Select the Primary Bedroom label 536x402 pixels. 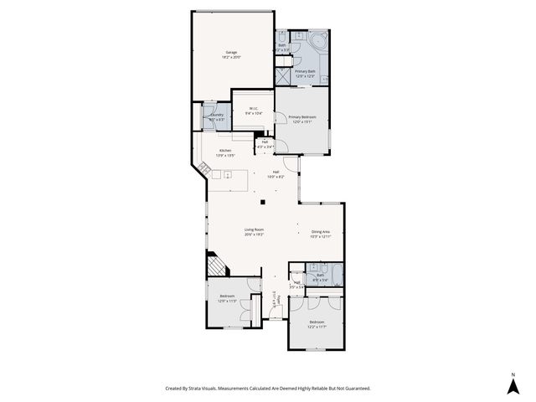pos(301,116)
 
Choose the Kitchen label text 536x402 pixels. pos(225,151)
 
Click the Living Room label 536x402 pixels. pos(255,229)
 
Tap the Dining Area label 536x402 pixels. pos(321,231)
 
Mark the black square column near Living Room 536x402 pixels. pos(262,202)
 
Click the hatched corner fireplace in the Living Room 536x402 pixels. pos(216,266)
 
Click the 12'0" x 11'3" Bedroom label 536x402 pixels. pos(227,296)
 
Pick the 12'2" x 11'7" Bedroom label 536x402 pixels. pos(316,322)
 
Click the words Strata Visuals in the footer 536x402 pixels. pos(200,388)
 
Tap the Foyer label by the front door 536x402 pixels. pos(279,298)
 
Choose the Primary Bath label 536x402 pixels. pos(305,72)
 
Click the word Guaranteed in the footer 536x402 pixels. pos(353,388)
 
